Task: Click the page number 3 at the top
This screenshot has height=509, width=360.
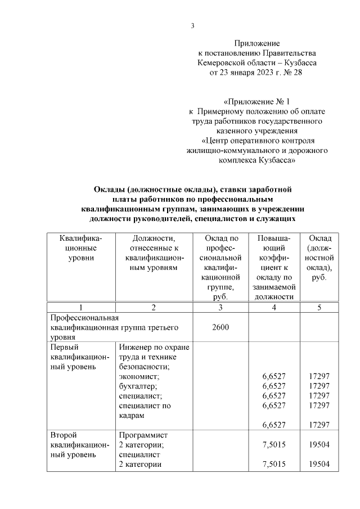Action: (192, 25)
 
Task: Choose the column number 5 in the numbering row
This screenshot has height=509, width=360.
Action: (319, 308)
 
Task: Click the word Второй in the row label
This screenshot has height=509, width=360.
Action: (64, 435)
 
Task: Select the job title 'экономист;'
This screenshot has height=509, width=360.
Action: (138, 376)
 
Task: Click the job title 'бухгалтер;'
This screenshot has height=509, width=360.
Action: (138, 386)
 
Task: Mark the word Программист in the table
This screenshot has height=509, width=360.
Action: (144, 435)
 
